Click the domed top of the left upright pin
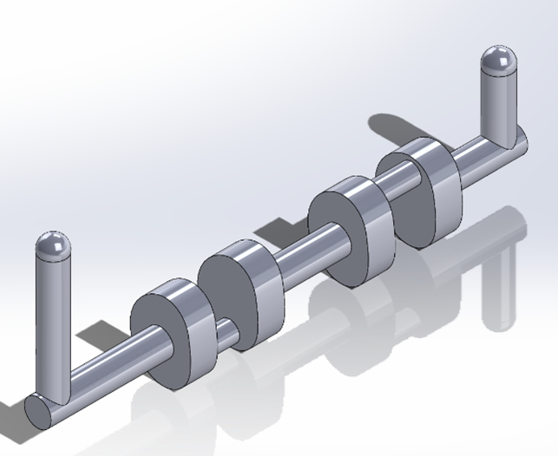click(53, 245)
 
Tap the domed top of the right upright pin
click(498, 61)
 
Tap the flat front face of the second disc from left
click(226, 299)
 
